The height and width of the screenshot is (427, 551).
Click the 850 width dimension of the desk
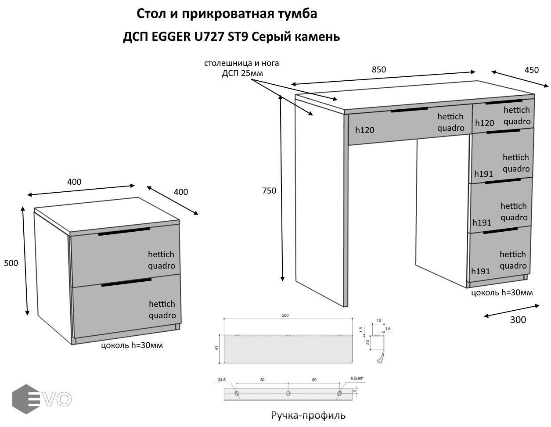378,69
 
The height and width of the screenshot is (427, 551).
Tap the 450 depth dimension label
531,70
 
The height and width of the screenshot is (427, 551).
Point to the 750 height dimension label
269,190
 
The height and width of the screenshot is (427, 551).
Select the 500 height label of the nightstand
11,263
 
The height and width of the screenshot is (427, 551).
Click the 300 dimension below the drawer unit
518,319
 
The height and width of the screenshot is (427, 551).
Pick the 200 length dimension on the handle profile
286,316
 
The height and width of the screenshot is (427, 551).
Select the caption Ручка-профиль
308,415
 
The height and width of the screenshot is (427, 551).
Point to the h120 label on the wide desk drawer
365,130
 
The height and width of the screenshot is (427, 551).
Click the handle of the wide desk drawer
409,109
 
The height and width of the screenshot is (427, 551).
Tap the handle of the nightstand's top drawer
124,232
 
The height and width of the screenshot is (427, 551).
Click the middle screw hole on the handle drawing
288,394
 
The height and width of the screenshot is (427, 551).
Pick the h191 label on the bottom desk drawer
480,271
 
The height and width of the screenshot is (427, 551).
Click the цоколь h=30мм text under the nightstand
132,345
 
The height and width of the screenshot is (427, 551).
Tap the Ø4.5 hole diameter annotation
221,380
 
